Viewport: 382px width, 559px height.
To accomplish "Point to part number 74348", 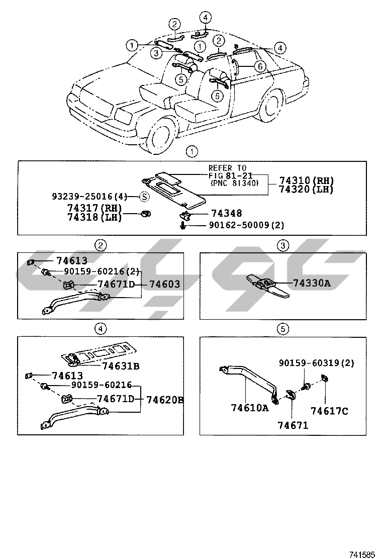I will pos(226,214).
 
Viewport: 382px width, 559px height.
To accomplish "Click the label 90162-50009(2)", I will pos(246,225).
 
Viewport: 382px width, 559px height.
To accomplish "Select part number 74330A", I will pos(311,284).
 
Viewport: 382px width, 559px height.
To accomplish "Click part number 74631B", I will pos(121,365).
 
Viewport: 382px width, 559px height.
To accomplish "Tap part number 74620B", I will pos(164,400).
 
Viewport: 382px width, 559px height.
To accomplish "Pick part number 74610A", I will pos(250,408).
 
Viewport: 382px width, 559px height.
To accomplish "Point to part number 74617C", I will pos(329,411).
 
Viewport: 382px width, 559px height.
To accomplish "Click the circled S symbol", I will pos(144,197).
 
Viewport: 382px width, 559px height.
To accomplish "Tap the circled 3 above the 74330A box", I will pos(283,245).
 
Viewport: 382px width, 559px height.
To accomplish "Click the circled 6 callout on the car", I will pos(259,66).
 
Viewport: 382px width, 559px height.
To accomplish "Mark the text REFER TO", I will pos(228,168).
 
